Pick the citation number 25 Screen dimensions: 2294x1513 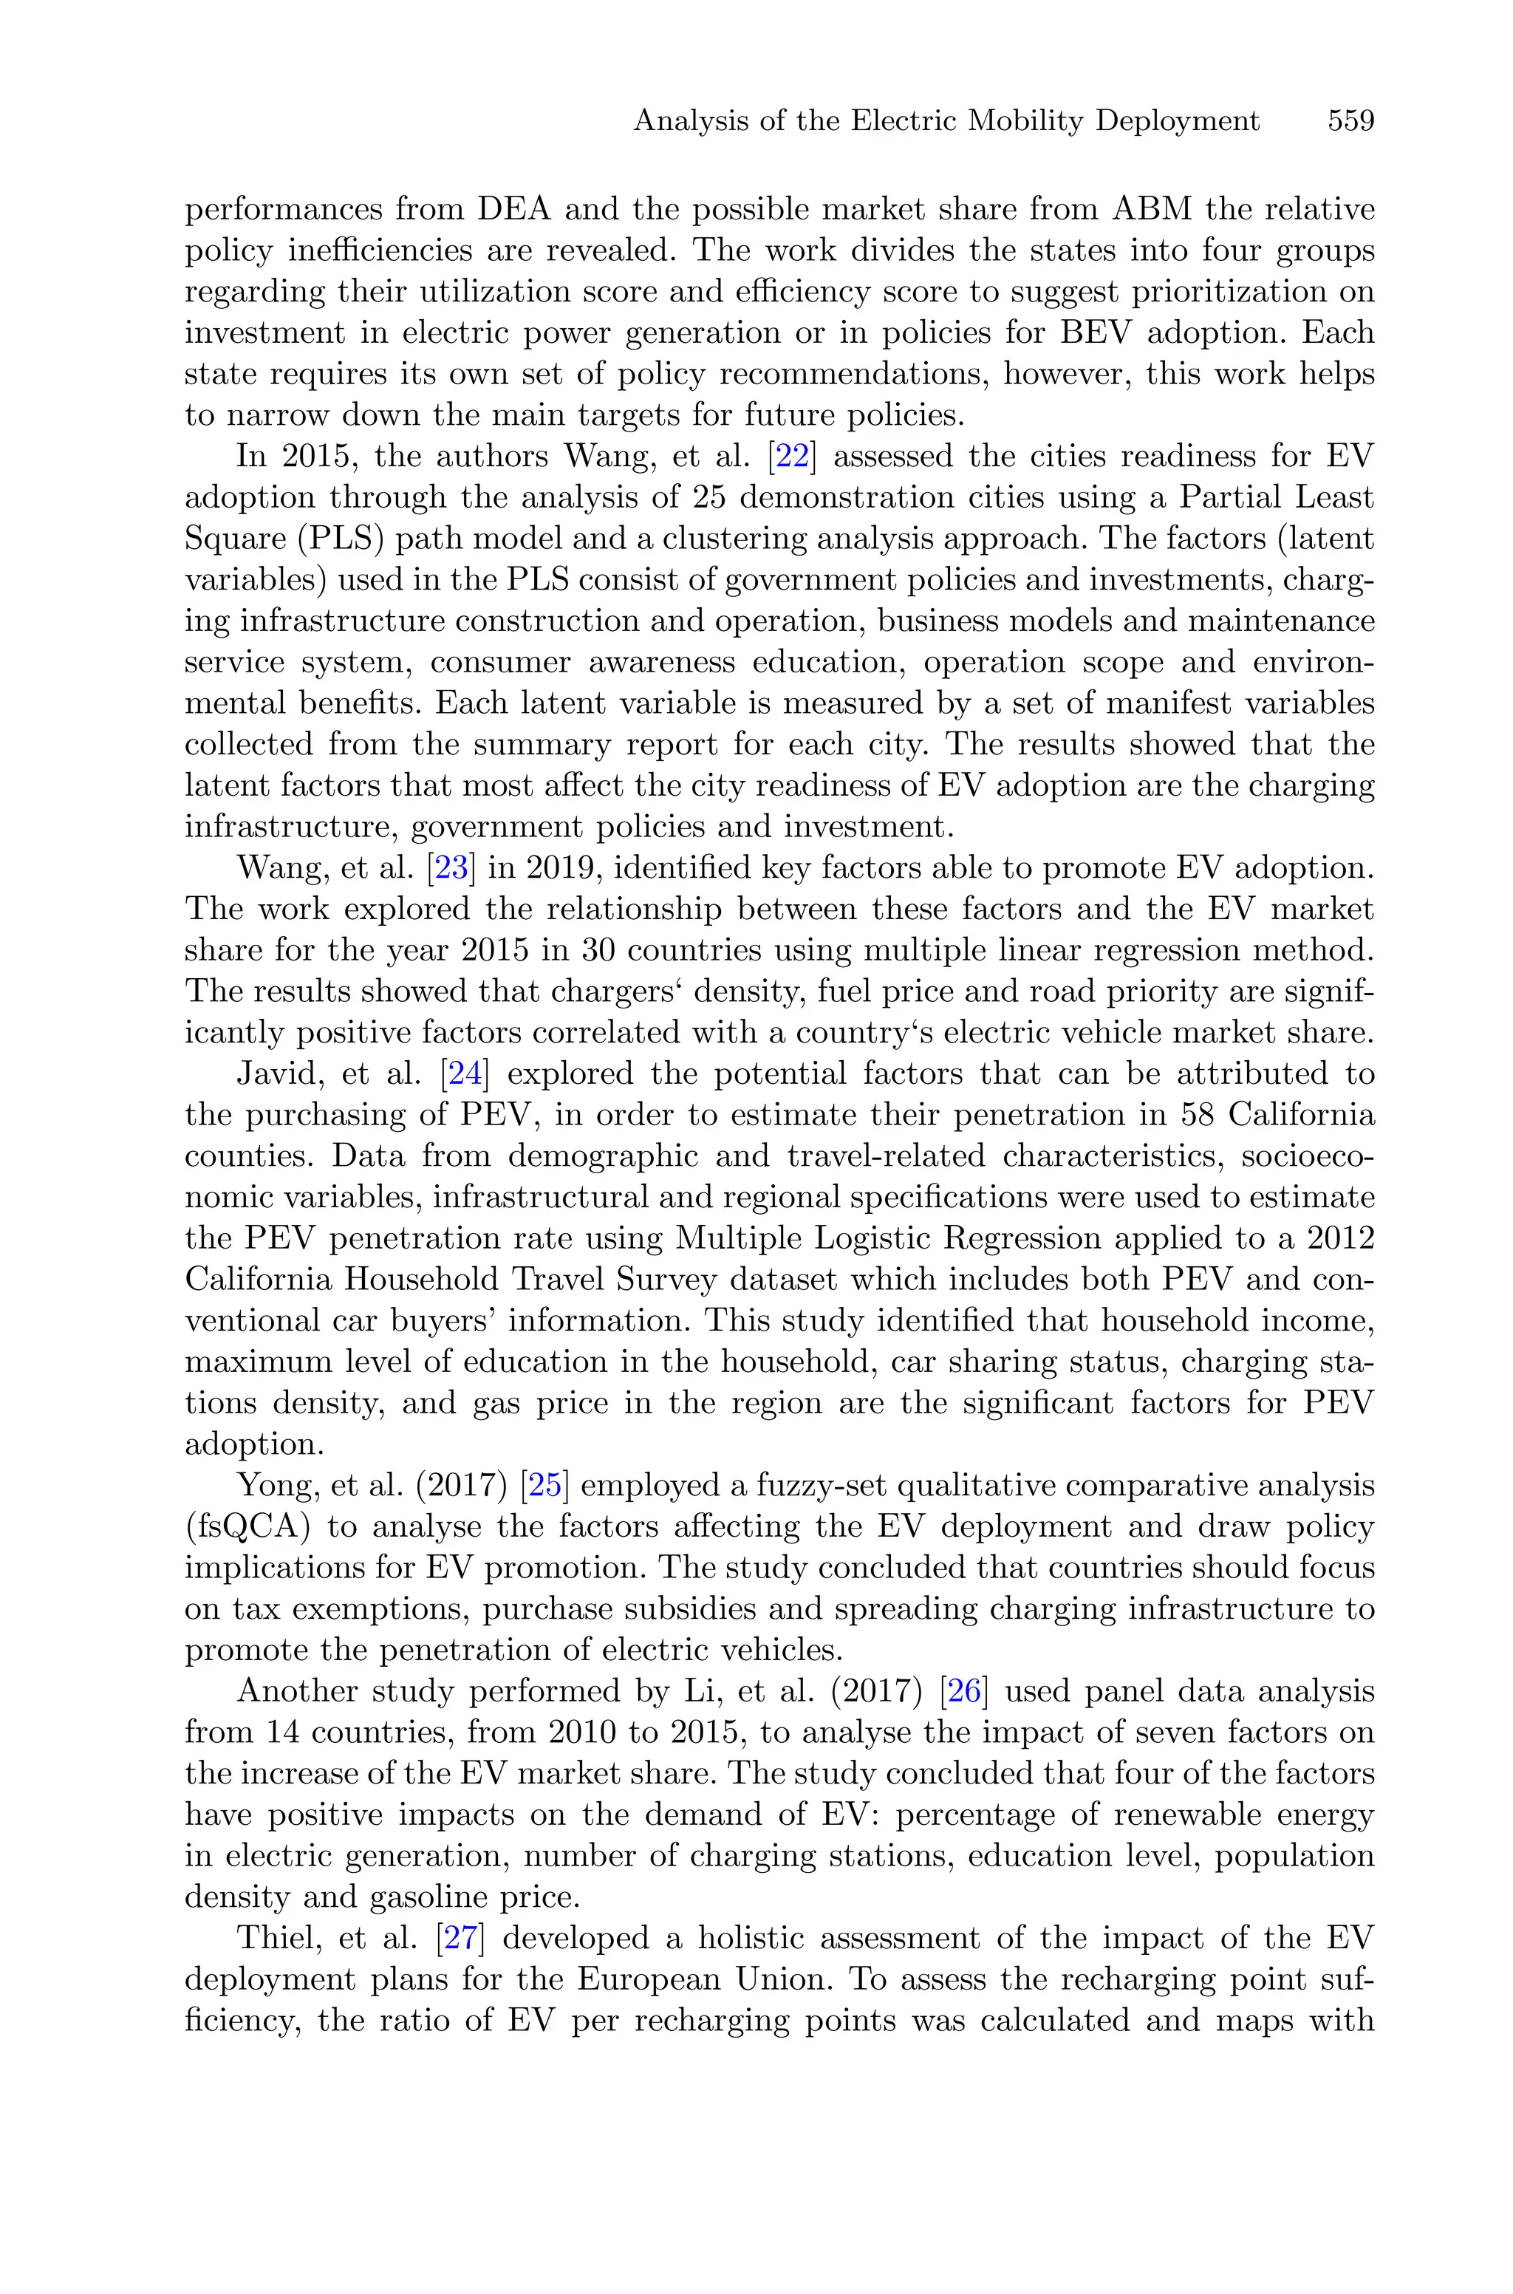tap(544, 1486)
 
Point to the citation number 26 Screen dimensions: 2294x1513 tap(964, 1691)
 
